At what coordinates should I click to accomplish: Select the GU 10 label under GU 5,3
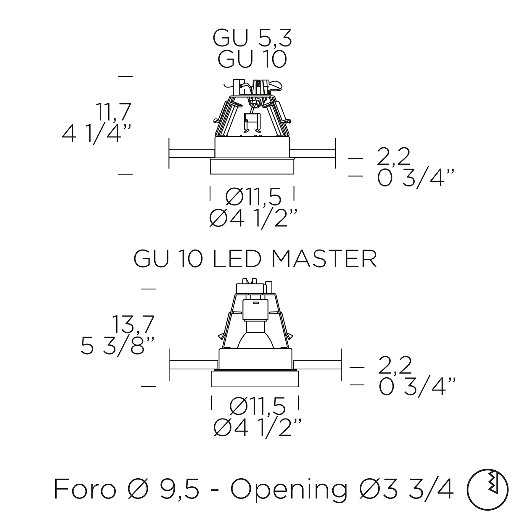pyautogui.click(x=252, y=59)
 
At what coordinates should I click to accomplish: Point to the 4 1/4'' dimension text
pyautogui.click(x=96, y=134)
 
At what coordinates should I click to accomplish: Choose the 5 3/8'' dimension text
pyautogui.click(x=117, y=346)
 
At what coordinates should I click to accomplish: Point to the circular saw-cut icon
pyautogui.click(x=487, y=489)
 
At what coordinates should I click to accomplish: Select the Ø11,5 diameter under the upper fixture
pyautogui.click(x=253, y=197)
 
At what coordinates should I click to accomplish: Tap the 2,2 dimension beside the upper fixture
pyautogui.click(x=393, y=157)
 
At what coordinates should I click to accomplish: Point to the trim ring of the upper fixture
pyautogui.click(x=252, y=167)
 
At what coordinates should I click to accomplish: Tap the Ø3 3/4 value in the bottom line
pyautogui.click(x=406, y=489)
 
